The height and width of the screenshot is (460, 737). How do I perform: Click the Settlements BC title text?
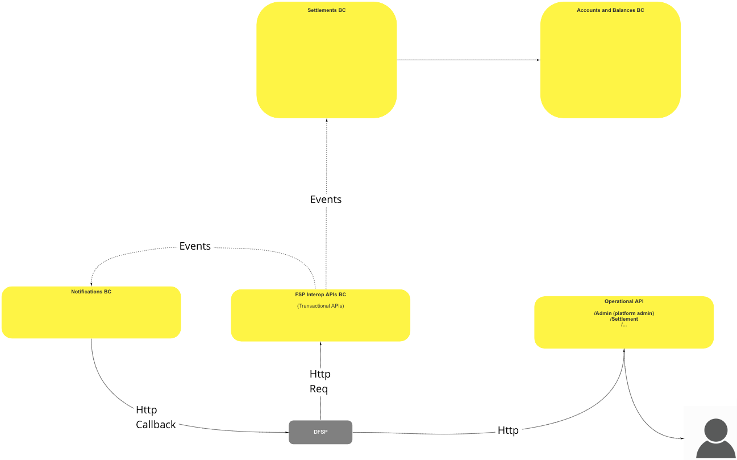(326, 10)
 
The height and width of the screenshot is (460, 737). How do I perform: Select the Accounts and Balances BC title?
(610, 10)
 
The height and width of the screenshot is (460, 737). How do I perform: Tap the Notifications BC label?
(91, 292)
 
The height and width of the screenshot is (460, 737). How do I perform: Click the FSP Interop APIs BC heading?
(320, 295)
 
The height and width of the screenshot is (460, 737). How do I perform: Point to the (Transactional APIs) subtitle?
(320, 306)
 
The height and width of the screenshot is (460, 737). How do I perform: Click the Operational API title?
(624, 301)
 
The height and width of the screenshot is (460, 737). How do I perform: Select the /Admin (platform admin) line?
(624, 313)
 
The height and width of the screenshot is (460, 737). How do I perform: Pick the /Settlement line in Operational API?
(624, 319)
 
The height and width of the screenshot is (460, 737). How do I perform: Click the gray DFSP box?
(320, 432)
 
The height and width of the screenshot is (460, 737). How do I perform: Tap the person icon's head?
(715, 429)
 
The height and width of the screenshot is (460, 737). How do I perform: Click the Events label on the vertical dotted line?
(326, 200)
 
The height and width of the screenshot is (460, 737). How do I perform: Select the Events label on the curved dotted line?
(195, 246)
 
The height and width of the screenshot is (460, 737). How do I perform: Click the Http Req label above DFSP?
(320, 382)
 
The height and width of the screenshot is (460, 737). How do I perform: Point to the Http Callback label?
(155, 417)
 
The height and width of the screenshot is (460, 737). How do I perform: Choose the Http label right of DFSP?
(508, 430)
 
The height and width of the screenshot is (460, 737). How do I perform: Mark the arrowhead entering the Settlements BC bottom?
(327, 121)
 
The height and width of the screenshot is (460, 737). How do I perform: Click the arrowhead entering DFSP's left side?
(286, 432)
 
